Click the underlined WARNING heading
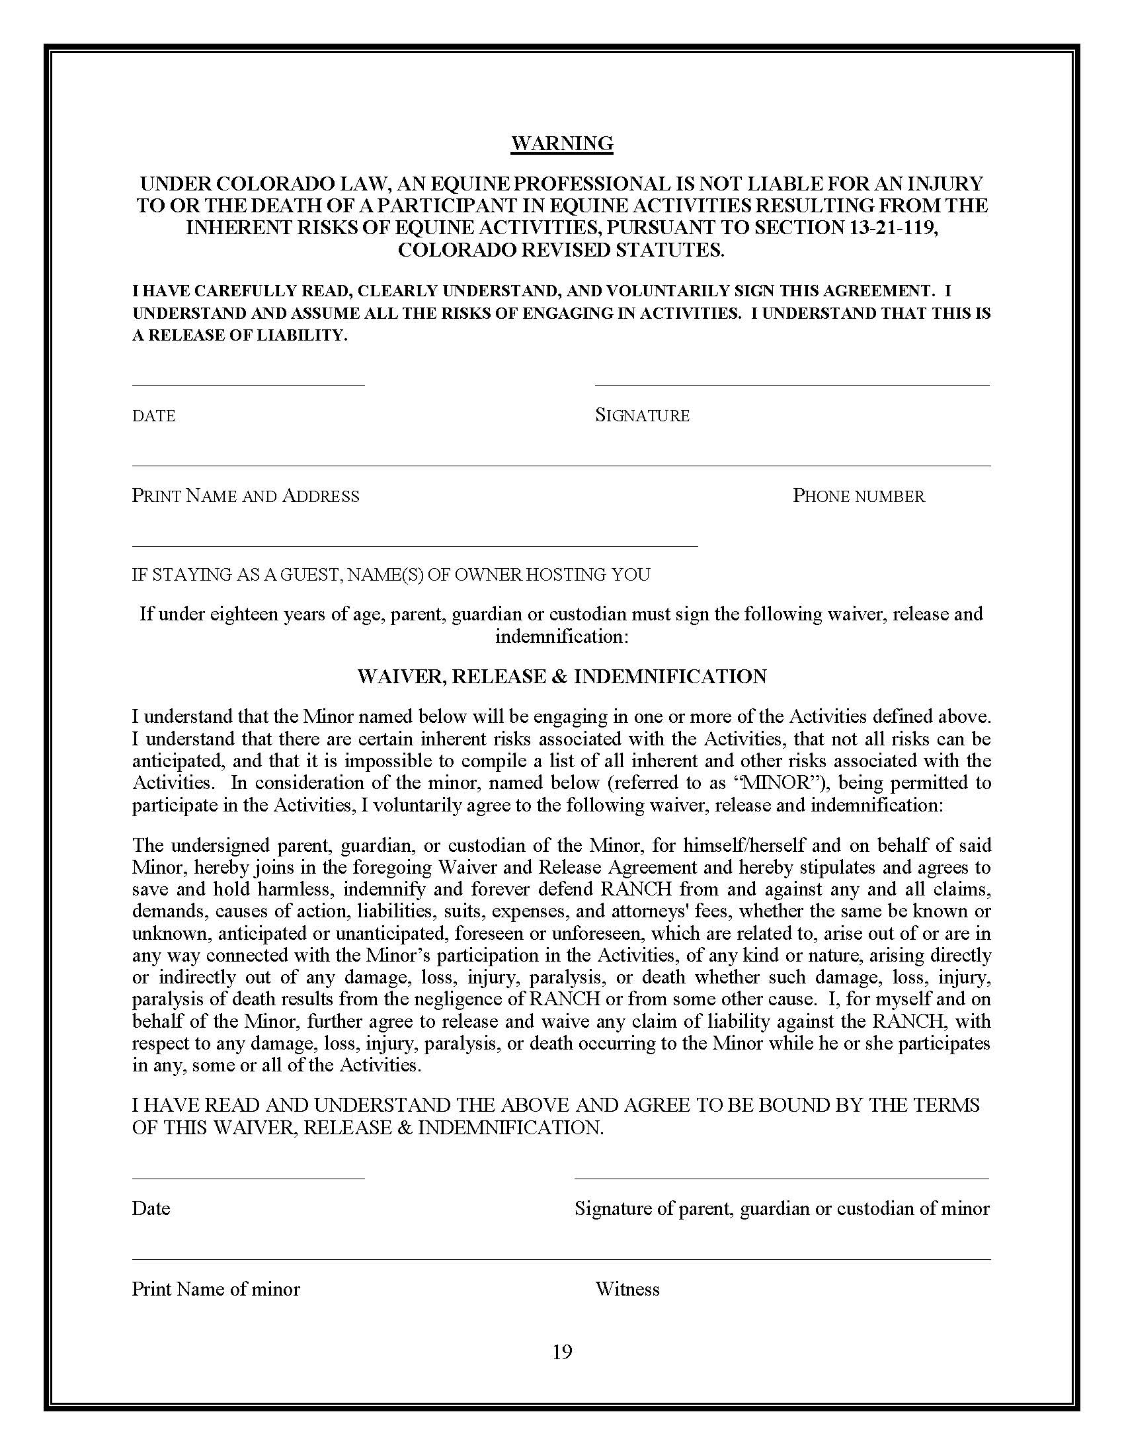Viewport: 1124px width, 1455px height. click(561, 144)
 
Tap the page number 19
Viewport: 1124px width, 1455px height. click(561, 1351)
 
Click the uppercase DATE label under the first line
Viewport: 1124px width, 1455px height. click(154, 416)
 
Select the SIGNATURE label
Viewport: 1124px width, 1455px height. click(642, 416)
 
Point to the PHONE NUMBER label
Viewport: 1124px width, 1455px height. click(858, 495)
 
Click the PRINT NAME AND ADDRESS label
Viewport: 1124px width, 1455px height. click(245, 495)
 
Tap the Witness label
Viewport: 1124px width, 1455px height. click(627, 1288)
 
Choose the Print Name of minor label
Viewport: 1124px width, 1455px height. click(216, 1288)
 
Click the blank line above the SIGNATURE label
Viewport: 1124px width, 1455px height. click(791, 384)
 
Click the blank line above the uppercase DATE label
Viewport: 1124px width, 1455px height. click(248, 384)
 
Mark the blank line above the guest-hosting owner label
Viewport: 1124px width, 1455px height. click(414, 546)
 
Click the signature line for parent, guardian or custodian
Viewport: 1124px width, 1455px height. click(781, 1178)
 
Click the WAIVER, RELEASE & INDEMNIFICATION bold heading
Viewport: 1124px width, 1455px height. click(561, 676)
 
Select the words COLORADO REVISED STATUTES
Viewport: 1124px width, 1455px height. click(561, 250)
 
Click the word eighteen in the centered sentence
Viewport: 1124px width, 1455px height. click(244, 614)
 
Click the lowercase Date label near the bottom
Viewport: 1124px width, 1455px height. click(151, 1208)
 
